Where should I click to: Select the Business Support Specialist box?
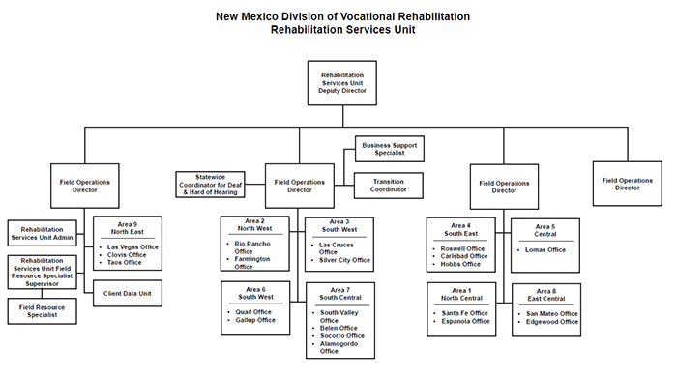tap(390, 149)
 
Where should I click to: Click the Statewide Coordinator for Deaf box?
tap(211, 185)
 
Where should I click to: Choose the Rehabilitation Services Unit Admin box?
tap(42, 234)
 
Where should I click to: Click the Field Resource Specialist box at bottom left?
tap(42, 311)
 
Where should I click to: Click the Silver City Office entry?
tap(345, 260)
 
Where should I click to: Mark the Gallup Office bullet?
tap(254, 320)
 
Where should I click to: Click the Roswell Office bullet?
tap(461, 248)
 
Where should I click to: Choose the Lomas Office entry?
tap(546, 248)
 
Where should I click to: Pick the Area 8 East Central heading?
tap(547, 295)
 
